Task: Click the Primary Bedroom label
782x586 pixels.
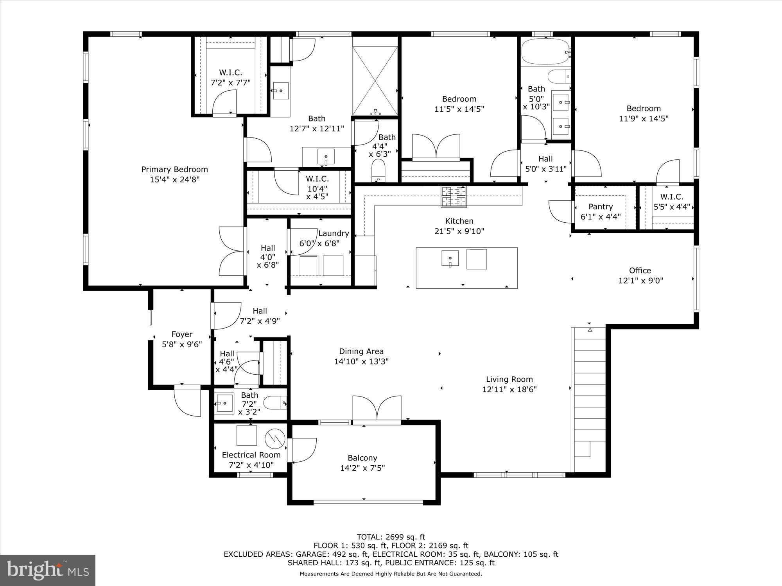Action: [x=174, y=170]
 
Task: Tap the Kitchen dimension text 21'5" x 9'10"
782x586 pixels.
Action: [x=459, y=231]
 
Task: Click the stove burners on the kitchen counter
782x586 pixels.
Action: [x=454, y=196]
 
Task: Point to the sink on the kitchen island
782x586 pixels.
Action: [x=450, y=259]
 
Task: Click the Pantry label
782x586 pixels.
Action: [x=601, y=207]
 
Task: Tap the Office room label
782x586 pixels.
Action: [x=640, y=270]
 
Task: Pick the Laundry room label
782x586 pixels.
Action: [x=333, y=233]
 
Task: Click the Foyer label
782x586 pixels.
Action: [x=182, y=334]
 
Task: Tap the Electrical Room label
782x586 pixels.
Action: [x=251, y=455]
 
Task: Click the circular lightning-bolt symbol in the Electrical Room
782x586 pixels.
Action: [x=273, y=439]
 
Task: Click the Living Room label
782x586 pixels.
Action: [x=509, y=379]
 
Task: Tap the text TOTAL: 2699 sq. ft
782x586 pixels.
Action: [x=391, y=537]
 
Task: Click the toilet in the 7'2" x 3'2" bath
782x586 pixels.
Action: [x=275, y=402]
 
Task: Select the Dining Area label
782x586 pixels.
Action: [x=361, y=351]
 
